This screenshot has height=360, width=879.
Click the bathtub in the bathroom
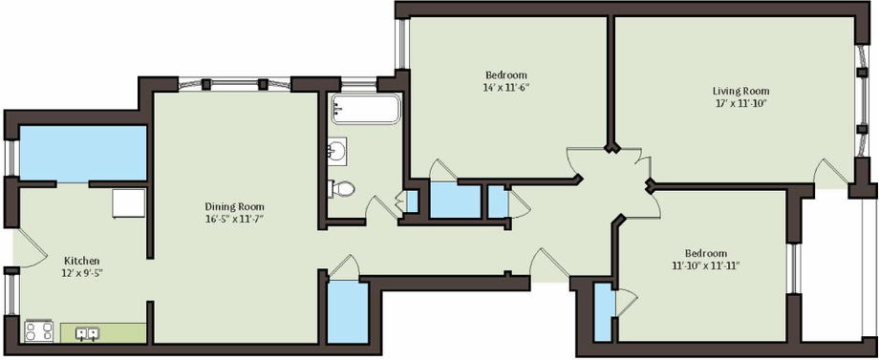click(366, 109)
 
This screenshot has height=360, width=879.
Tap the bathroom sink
click(337, 151)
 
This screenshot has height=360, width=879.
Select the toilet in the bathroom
click(341, 189)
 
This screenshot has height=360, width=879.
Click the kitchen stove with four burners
click(39, 330)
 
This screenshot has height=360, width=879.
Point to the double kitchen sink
click(88, 333)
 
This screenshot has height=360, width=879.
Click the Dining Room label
click(234, 206)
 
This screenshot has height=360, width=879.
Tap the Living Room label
click(740, 91)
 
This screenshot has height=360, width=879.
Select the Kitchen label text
click(82, 261)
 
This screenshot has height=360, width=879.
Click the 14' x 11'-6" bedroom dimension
click(506, 87)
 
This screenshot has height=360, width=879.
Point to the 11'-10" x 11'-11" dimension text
click(706, 265)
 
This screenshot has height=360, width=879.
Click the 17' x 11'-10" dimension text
click(740, 103)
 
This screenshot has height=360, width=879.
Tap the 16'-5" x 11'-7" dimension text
click(234, 219)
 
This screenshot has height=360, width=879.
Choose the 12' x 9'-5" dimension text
click(82, 273)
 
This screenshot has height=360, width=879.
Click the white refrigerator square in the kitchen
click(129, 203)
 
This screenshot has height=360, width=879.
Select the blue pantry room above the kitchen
click(83, 154)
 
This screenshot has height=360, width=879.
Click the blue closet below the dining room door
click(348, 311)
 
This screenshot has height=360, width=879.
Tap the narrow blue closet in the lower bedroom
click(603, 312)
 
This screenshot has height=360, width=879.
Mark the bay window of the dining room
click(234, 85)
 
